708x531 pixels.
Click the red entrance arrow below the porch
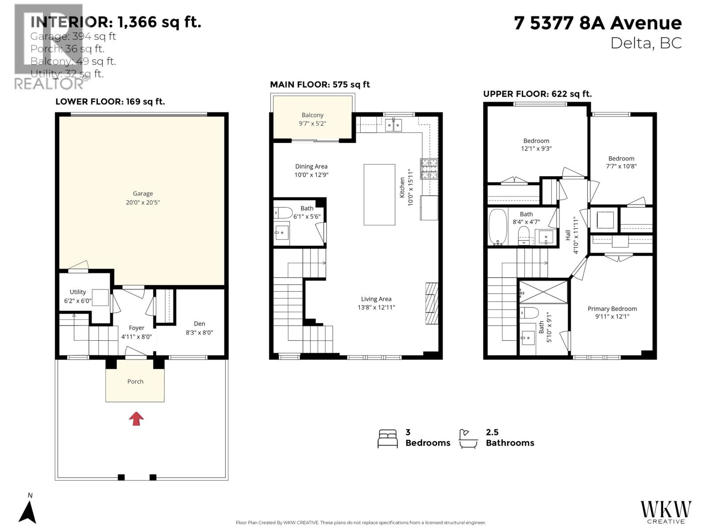click(x=136, y=419)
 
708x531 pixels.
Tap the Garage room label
click(x=143, y=193)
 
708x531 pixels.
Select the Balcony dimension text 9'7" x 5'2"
click(x=312, y=123)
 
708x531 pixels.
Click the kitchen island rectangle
click(x=379, y=195)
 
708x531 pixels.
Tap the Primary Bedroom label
click(x=612, y=309)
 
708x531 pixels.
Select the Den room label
click(x=199, y=323)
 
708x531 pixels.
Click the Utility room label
click(x=78, y=292)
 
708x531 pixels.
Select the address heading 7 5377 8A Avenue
click(x=597, y=23)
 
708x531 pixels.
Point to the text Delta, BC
click(x=646, y=43)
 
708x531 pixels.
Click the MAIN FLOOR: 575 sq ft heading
click(x=320, y=85)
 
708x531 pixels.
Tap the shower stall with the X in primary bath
click(x=543, y=291)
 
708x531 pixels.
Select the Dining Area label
click(x=311, y=166)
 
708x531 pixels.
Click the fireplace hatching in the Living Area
click(x=431, y=304)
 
